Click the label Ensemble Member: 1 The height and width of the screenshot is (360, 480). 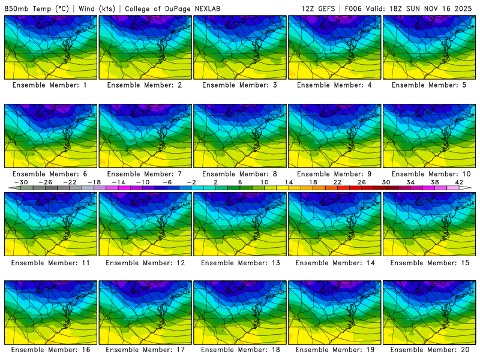tap(51, 85)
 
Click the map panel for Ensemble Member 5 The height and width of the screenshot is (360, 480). tap(430, 47)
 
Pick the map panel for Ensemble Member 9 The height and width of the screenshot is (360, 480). tap(335, 136)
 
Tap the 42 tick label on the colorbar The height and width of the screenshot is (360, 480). tap(459, 182)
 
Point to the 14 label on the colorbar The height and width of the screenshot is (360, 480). tap(289, 182)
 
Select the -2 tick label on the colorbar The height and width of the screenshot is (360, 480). tap(191, 182)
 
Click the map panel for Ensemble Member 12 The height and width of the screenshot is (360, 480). tap(145, 223)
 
